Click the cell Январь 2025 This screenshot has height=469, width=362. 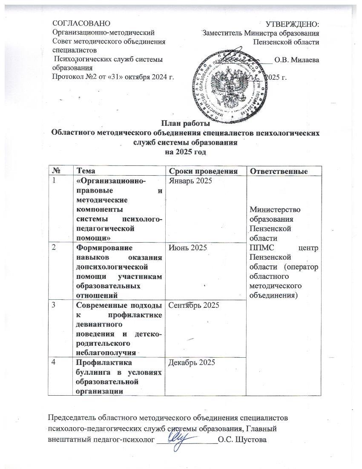tap(189, 180)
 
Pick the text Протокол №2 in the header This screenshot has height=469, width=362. tap(70, 77)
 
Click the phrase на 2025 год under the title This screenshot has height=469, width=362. tap(185, 152)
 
